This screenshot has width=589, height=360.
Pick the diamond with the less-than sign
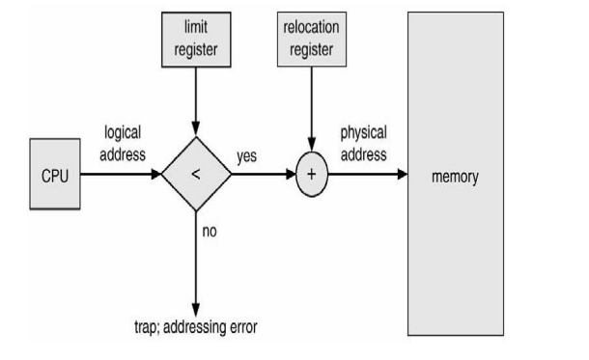click(x=196, y=176)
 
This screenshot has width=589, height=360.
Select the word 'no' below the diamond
click(x=210, y=231)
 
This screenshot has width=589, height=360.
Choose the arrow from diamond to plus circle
click(x=261, y=176)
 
